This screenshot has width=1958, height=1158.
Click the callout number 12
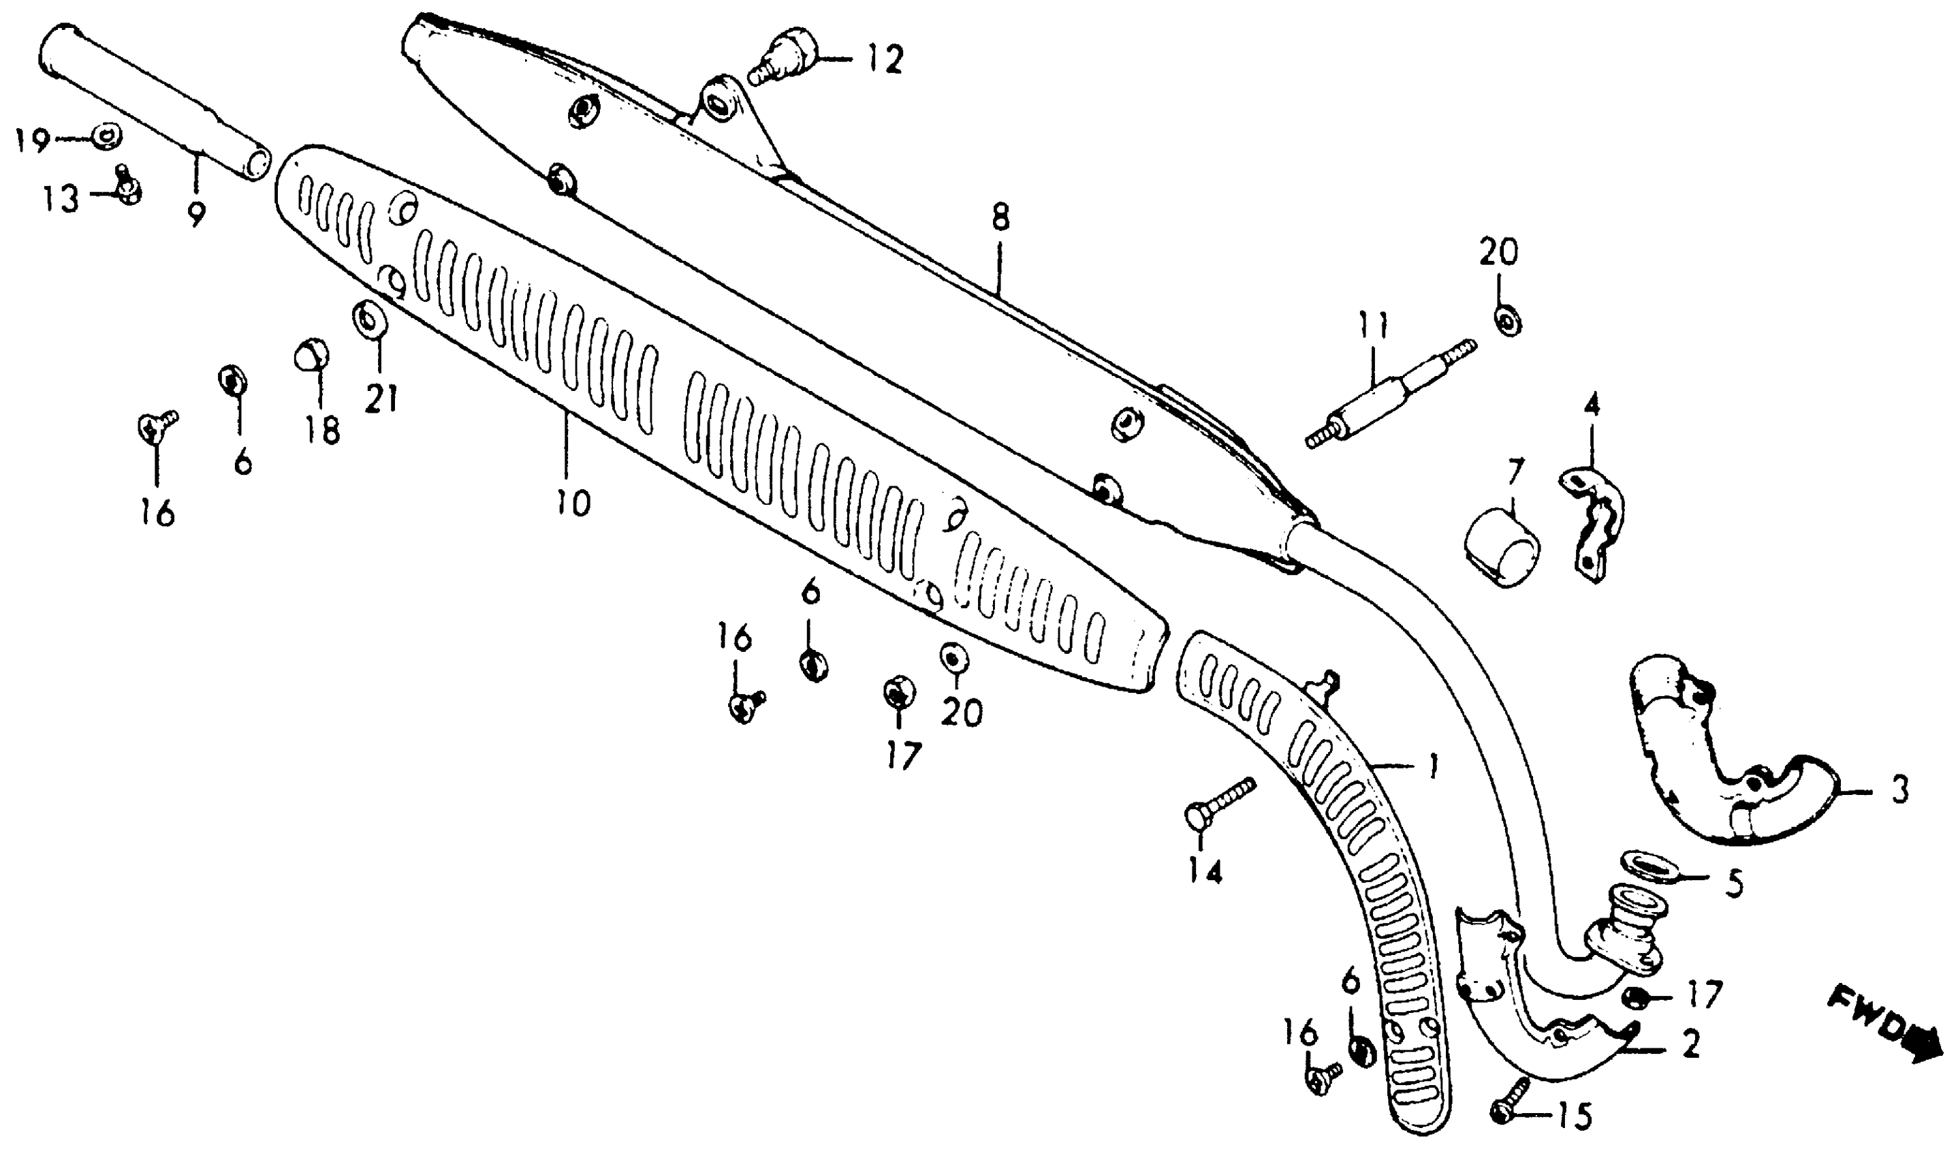click(x=884, y=59)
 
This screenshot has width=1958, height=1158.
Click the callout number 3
click(x=1900, y=790)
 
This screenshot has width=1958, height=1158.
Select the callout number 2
click(x=1690, y=1045)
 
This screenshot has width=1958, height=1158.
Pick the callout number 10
click(x=573, y=503)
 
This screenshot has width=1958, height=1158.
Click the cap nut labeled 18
click(x=311, y=358)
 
